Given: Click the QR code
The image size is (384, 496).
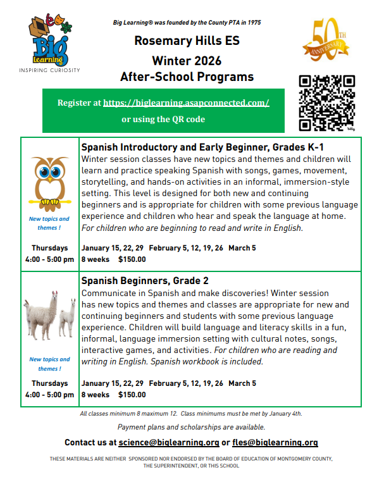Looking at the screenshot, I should [327, 102].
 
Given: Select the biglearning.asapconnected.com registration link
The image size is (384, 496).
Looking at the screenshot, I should [186, 102].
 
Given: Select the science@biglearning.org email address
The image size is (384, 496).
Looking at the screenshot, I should [169, 443].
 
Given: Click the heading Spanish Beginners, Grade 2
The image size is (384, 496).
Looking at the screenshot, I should [145, 280].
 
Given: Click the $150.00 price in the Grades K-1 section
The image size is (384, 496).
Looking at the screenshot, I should [132, 259].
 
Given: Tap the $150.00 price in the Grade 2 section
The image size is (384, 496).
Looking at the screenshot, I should [132, 395].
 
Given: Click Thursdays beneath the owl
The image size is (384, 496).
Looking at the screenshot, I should [49, 247].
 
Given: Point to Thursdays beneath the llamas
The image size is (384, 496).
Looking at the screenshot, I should [49, 383].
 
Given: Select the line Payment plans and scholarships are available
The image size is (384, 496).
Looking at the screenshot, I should [191, 428].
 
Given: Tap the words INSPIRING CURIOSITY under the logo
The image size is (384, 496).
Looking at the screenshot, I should [49, 70].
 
